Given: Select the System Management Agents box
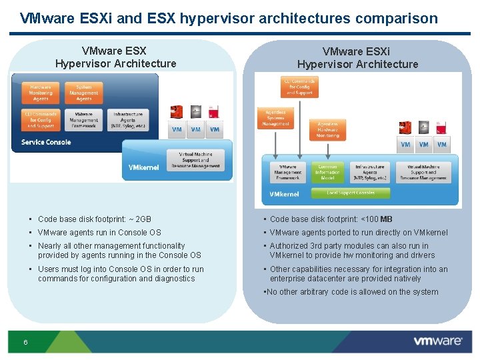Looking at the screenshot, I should [x=84, y=93].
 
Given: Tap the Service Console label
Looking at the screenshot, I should [x=45, y=142].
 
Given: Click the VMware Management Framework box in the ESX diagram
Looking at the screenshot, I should [x=84, y=120].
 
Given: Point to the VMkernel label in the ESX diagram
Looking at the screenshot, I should [x=143, y=168].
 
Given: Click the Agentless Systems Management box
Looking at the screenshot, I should [x=275, y=118].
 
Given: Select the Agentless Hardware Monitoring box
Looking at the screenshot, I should [x=327, y=129].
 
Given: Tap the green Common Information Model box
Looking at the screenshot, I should [x=327, y=172].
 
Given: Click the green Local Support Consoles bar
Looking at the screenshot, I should [x=351, y=193].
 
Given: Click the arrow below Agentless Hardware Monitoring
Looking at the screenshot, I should [x=327, y=149].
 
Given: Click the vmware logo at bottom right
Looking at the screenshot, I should [x=437, y=341].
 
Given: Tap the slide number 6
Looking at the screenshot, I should [x=25, y=342].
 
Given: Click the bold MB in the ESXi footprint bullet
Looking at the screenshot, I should [x=387, y=219].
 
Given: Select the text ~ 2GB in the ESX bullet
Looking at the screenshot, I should [x=140, y=219].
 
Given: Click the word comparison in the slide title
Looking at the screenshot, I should [x=395, y=18].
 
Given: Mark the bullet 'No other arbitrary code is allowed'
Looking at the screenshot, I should [x=351, y=292].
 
